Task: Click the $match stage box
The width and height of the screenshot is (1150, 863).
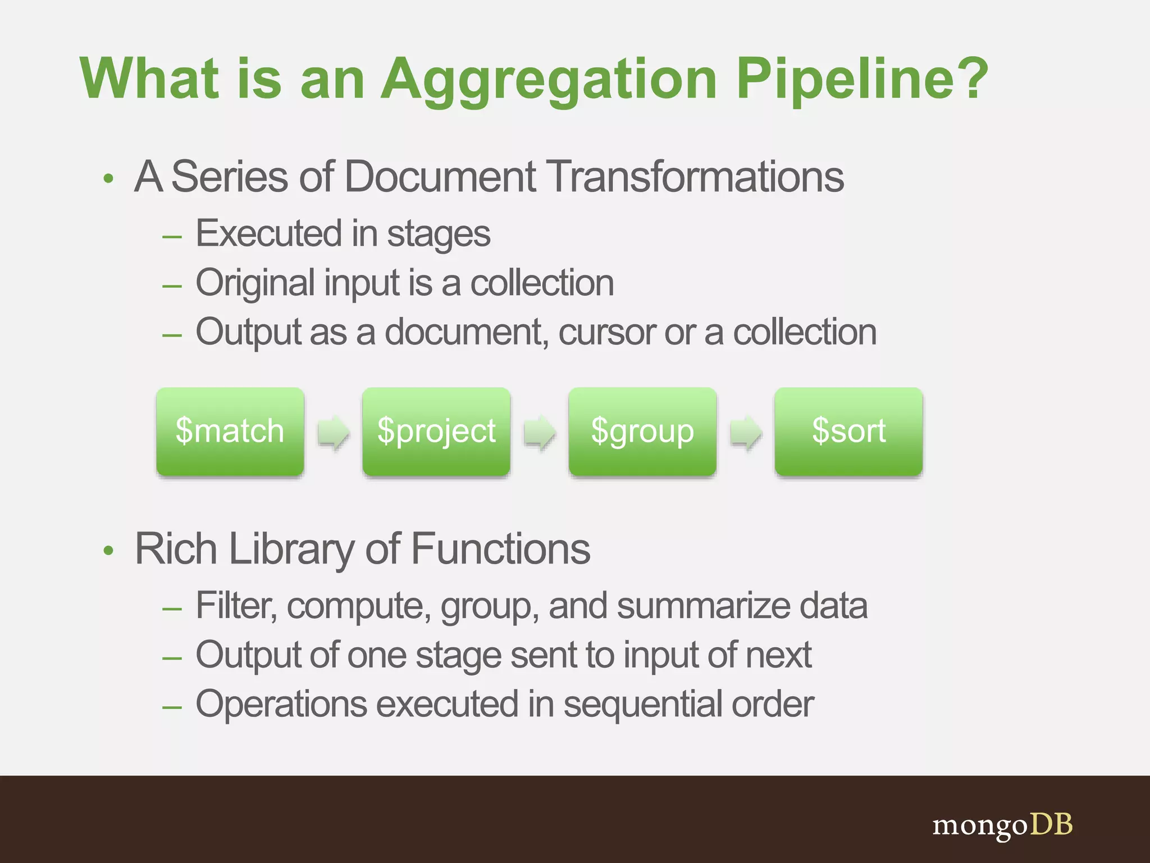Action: click(230, 431)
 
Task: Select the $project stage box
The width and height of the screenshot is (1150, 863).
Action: click(436, 431)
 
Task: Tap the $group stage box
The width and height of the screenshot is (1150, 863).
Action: click(642, 431)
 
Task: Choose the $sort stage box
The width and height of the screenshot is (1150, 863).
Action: click(848, 431)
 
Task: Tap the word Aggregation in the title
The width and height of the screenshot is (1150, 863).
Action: click(549, 80)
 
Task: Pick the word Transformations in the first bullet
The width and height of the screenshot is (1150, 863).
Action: click(695, 177)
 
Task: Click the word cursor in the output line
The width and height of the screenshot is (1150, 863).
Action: click(606, 333)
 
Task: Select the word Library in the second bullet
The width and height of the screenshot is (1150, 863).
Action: click(292, 549)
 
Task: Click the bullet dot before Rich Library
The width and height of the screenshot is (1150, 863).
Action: click(108, 551)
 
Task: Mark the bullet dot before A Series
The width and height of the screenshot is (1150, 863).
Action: click(108, 179)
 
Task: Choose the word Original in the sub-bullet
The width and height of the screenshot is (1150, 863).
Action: click(255, 283)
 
